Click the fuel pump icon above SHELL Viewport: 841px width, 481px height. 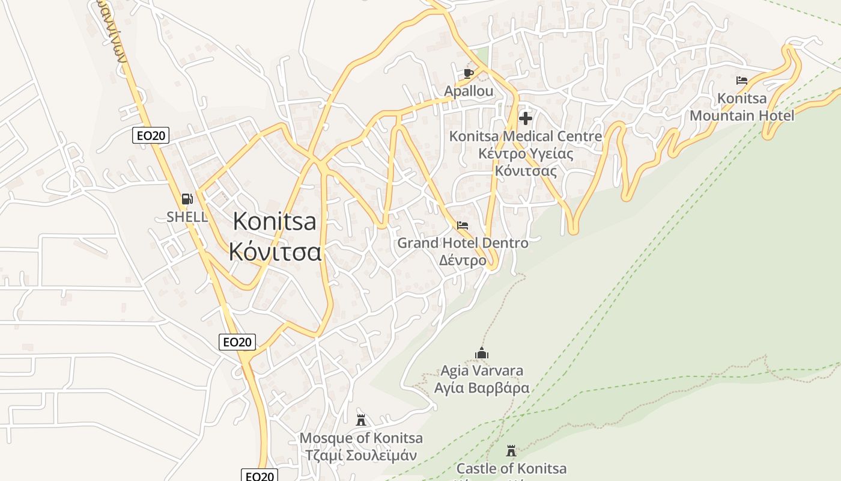pos(187,199)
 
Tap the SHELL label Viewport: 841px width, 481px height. pos(187,217)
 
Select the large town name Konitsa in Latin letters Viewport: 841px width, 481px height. pos(275,222)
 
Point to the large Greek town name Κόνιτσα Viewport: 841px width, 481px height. pos(275,251)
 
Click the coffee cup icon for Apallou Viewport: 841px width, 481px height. pos(469,74)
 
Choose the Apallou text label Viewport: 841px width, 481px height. pos(469,91)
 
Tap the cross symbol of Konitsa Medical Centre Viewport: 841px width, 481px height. pos(526,118)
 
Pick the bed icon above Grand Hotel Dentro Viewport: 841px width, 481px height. pos(463,226)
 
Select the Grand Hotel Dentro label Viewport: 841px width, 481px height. pos(463,244)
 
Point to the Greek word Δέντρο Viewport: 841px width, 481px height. pos(463,261)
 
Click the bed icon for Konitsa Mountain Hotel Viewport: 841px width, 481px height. pos(742,81)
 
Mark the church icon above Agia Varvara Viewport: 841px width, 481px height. pos(482,353)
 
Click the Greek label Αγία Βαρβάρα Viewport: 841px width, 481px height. pos(482,388)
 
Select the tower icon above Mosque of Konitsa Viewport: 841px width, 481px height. pos(361,420)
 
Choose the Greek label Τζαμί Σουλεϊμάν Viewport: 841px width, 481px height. pos(361,455)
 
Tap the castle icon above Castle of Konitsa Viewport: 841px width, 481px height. pos(511,451)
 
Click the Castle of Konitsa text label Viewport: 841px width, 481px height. pos(511,468)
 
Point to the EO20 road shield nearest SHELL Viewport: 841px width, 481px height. pos(151,135)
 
